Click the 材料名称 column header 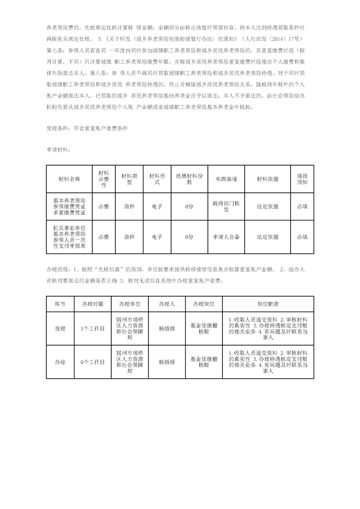[x=69, y=179]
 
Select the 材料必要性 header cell [x=104, y=179]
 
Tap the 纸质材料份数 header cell [x=190, y=179]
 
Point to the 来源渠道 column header [x=226, y=179]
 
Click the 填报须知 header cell [x=302, y=179]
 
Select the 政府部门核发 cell [x=226, y=206]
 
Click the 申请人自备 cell [x=226, y=237]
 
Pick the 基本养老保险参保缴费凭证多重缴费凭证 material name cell [x=69, y=206]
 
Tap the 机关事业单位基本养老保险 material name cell [x=69, y=237]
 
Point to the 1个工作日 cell [x=93, y=328]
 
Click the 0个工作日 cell [x=93, y=362]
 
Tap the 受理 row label [x=60, y=328]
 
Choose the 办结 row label [x=60, y=362]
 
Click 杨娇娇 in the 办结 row [x=167, y=362]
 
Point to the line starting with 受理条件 [x=87, y=128]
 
